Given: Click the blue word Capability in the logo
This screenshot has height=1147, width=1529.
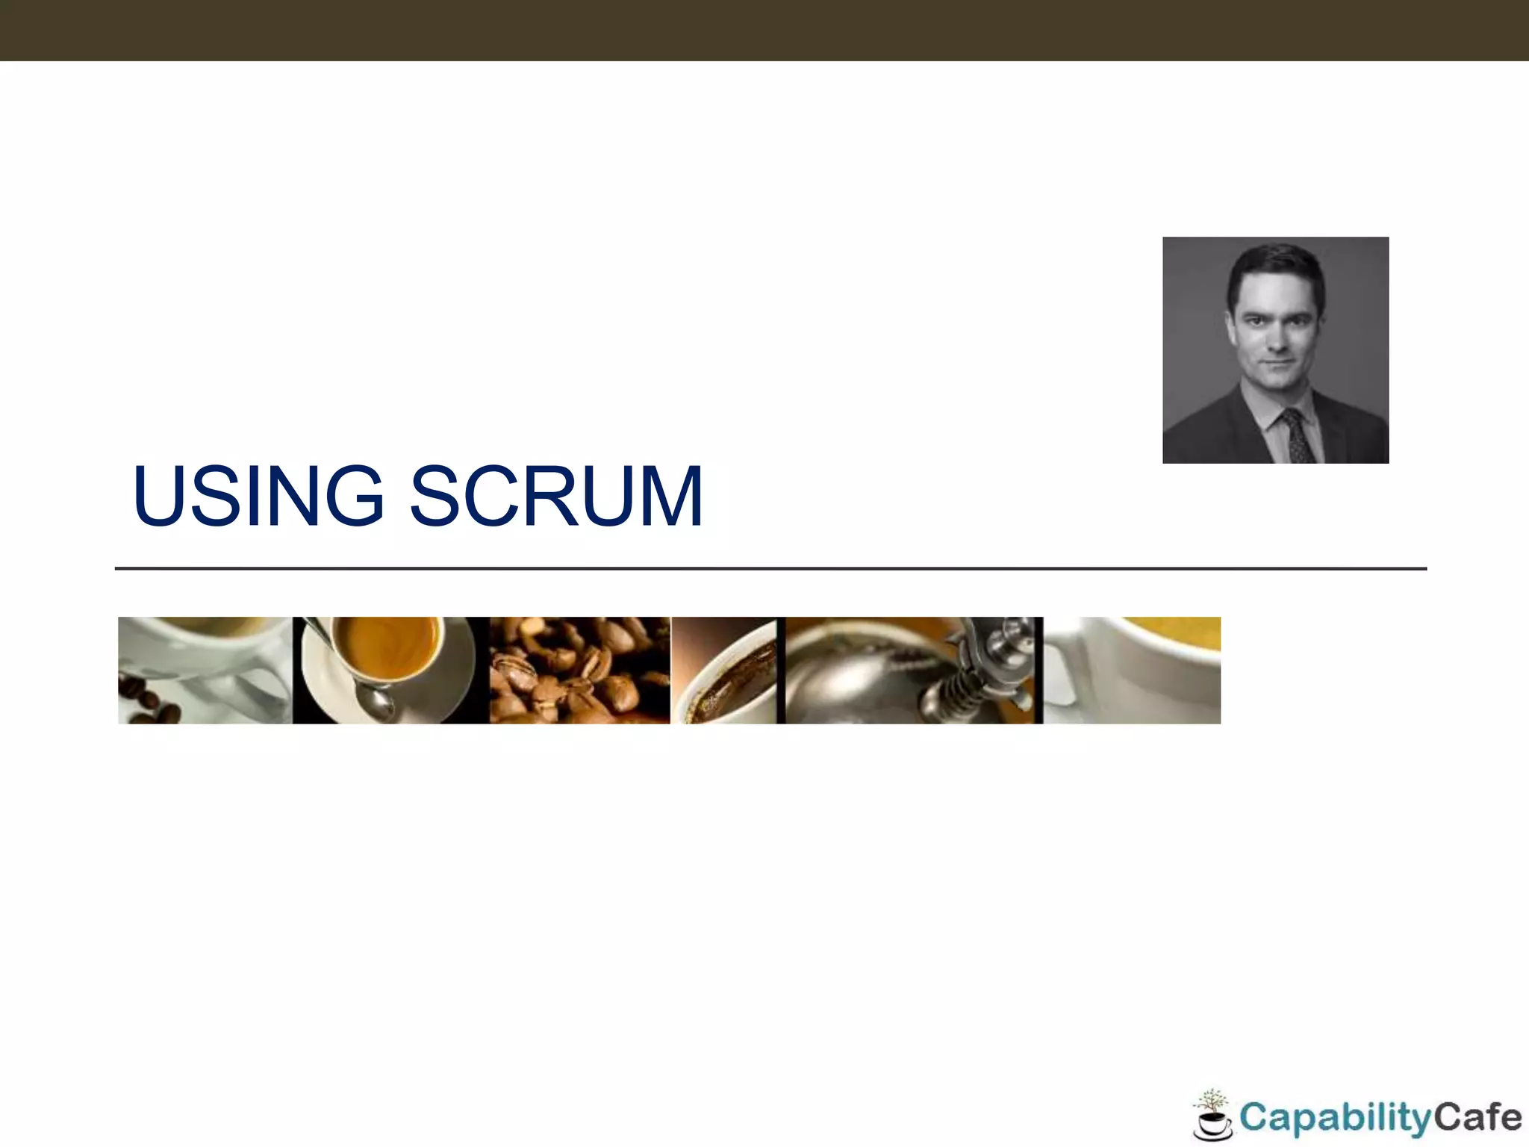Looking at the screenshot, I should pyautogui.click(x=1334, y=1119).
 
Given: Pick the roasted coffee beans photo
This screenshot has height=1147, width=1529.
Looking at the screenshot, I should pyautogui.click(x=579, y=670).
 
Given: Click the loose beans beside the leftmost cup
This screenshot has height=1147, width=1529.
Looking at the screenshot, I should pyautogui.click(x=149, y=706).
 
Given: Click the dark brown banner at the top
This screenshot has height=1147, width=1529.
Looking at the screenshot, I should pyautogui.click(x=764, y=30).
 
